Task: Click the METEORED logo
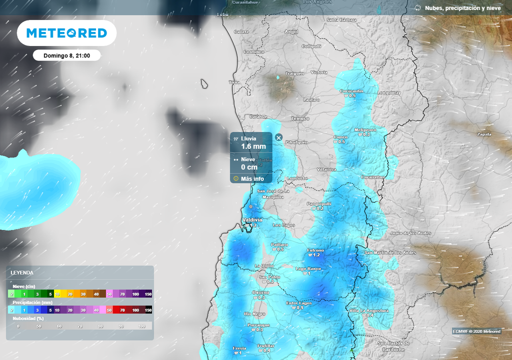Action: (x=66, y=33)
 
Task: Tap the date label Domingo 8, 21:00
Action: (x=66, y=55)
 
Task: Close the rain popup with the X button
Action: (x=279, y=137)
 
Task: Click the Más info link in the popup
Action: (x=252, y=178)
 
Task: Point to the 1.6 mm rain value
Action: (x=253, y=146)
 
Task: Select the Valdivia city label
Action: (x=252, y=220)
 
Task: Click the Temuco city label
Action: (x=300, y=118)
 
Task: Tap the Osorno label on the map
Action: (x=260, y=292)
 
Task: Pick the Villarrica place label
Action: (x=326, y=169)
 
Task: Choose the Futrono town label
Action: (x=315, y=250)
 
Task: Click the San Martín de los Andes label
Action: (x=390, y=252)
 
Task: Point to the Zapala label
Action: (x=484, y=134)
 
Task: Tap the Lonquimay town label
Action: (x=389, y=92)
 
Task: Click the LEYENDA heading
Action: (x=22, y=272)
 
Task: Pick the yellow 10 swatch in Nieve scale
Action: (x=57, y=293)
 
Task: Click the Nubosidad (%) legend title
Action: (x=28, y=318)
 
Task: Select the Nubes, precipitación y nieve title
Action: (x=462, y=8)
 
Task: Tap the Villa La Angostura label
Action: (x=369, y=310)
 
